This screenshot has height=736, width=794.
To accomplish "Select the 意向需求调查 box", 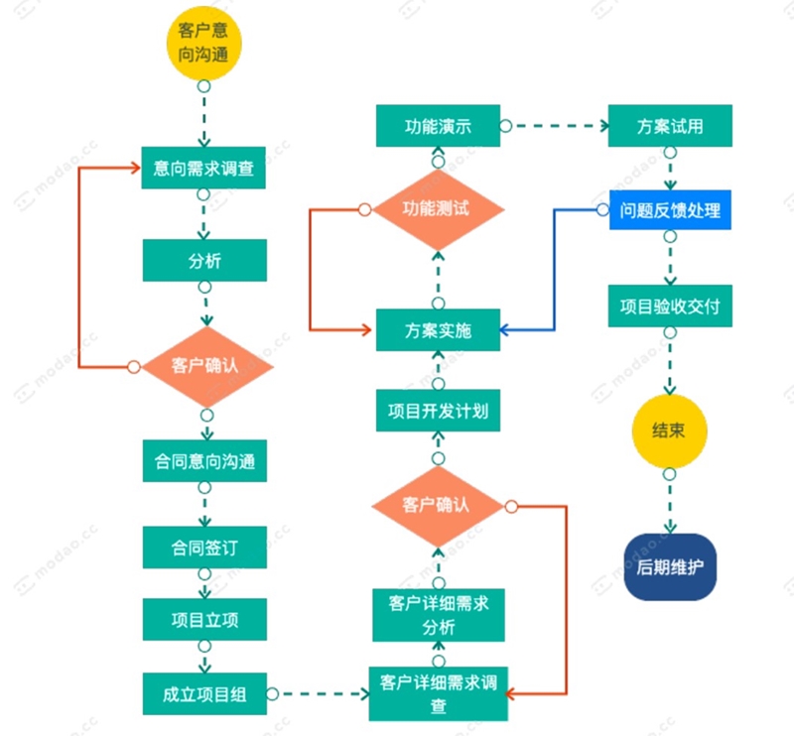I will pyautogui.click(x=203, y=169).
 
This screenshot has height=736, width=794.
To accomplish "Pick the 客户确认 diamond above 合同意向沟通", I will pyautogui.click(x=205, y=366).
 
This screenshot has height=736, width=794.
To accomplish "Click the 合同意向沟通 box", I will pyautogui.click(x=203, y=461).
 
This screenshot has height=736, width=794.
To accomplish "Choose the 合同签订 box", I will pyautogui.click(x=203, y=547).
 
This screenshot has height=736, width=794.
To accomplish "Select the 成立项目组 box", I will pyautogui.click(x=203, y=694).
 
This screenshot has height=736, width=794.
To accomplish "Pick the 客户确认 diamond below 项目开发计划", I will pyautogui.click(x=438, y=506).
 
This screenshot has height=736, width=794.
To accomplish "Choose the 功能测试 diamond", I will pyautogui.click(x=438, y=209).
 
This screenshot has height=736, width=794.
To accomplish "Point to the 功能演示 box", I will pyautogui.click(x=438, y=126).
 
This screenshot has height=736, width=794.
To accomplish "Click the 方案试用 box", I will pyautogui.click(x=670, y=126).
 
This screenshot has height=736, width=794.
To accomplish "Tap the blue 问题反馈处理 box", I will pyautogui.click(x=670, y=210).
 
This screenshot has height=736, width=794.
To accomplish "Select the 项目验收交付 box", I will pyautogui.click(x=670, y=307).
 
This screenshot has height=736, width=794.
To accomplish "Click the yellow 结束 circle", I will pyautogui.click(x=670, y=431).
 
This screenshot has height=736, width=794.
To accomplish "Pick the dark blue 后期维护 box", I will pyautogui.click(x=670, y=567).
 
